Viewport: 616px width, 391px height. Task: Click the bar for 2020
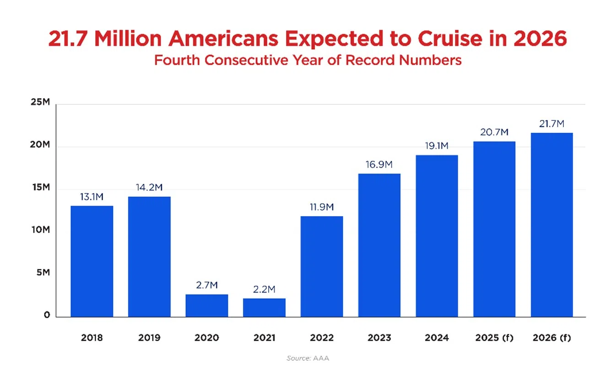[206, 305]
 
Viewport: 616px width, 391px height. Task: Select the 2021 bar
[264, 308]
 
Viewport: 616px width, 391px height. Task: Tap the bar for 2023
[379, 245]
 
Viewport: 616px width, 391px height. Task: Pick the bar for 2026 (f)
[551, 224]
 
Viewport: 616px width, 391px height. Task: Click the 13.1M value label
[92, 197]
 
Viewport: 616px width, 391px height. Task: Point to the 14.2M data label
[149, 188]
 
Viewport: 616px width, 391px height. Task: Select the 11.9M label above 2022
[322, 207]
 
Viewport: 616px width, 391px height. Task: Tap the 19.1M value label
[437, 147]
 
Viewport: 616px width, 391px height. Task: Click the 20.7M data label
[494, 132]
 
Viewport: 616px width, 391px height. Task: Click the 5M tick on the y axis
[43, 272]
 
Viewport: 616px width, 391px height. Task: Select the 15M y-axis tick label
[40, 187]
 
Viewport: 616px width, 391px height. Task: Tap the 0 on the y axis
[47, 315]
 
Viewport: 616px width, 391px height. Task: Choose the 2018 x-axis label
[92, 338]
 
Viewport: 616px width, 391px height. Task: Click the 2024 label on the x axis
[437, 338]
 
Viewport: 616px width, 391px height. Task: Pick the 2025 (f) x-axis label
[494, 338]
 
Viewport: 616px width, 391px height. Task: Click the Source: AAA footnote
[308, 358]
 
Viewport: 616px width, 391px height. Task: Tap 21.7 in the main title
[66, 40]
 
